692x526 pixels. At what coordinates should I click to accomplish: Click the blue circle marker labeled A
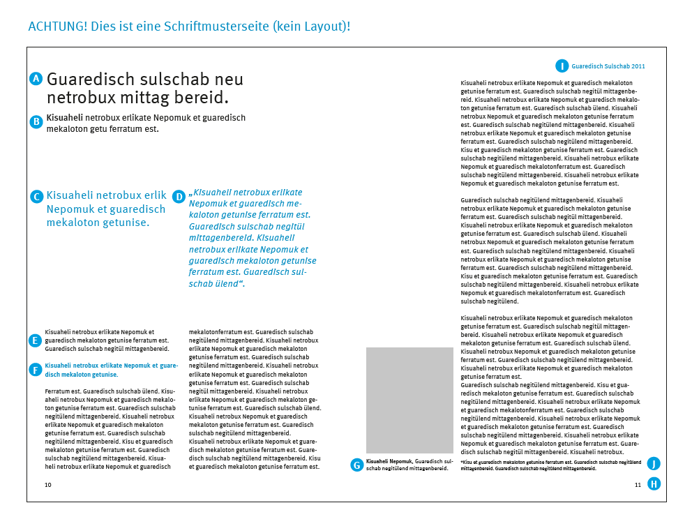pyautogui.click(x=37, y=79)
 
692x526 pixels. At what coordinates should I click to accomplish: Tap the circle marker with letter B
pyautogui.click(x=37, y=121)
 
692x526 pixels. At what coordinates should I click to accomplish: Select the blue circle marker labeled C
pyautogui.click(x=37, y=197)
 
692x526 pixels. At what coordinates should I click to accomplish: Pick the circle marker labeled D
pyautogui.click(x=179, y=197)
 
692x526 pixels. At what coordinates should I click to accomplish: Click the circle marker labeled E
pyautogui.click(x=35, y=340)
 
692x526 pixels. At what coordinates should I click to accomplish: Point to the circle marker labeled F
pyautogui.click(x=35, y=369)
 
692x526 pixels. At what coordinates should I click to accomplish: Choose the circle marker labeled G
pyautogui.click(x=357, y=465)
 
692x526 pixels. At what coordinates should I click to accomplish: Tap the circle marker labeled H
pyautogui.click(x=654, y=484)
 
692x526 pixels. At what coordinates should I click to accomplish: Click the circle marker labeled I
pyautogui.click(x=562, y=66)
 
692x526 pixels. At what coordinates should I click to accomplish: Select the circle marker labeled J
pyautogui.click(x=654, y=464)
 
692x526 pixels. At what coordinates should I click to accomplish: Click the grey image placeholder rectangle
pyautogui.click(x=409, y=400)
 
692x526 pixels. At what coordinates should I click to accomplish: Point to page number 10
pyautogui.click(x=48, y=484)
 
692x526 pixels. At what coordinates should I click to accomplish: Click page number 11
pyautogui.click(x=638, y=484)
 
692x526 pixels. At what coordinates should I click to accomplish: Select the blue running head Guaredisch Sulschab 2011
pyautogui.click(x=608, y=66)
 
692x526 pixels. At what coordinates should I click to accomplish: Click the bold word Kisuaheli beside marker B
pyautogui.click(x=65, y=118)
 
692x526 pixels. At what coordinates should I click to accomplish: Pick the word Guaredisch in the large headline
pyautogui.click(x=91, y=79)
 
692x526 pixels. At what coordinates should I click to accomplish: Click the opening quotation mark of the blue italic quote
pyautogui.click(x=190, y=193)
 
